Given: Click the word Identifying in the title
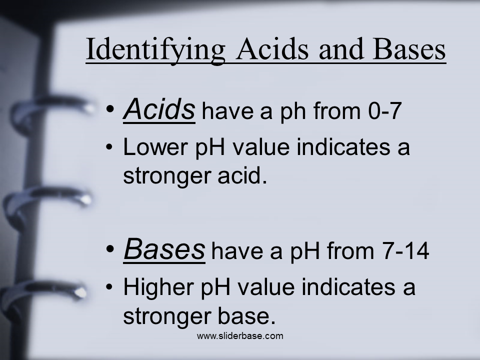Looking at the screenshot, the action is [x=155, y=50].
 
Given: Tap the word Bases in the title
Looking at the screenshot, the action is [x=409, y=48].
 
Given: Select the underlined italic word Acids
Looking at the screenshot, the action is [x=159, y=109].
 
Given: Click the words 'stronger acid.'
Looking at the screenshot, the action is [x=195, y=175].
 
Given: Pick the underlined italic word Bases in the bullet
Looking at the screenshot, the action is [x=164, y=249].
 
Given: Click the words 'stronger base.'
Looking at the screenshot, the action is [x=199, y=315].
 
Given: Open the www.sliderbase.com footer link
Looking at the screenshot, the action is [x=240, y=336].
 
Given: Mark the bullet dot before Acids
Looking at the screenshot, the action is [x=110, y=109].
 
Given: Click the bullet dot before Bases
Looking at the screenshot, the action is [x=110, y=249].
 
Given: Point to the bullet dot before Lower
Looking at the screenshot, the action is [x=109, y=147].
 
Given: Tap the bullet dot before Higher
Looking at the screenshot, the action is [x=109, y=287].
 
